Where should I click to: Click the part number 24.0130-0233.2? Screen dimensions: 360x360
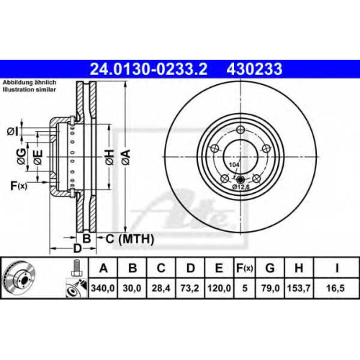[148, 69]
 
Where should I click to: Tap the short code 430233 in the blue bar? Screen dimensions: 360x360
[254, 69]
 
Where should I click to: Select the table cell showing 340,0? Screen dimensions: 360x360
[103, 288]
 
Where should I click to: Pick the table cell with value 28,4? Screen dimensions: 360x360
[161, 288]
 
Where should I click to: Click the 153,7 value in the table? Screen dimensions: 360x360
[299, 288]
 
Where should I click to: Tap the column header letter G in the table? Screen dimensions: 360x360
[270, 268]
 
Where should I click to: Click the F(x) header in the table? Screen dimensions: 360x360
[244, 268]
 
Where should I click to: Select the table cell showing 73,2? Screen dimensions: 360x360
[190, 288]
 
